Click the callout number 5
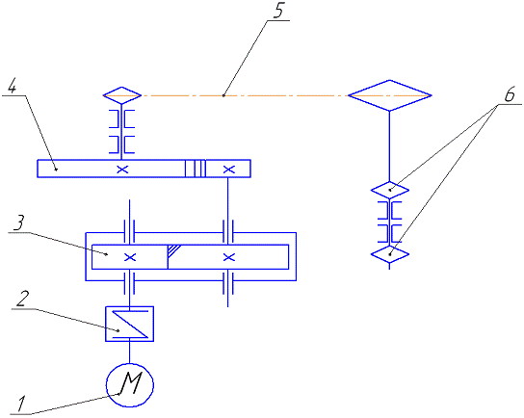[x=278, y=11]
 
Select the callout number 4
[x=12, y=87]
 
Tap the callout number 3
[x=19, y=222]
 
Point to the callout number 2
[x=23, y=299]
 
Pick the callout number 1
[x=21, y=404]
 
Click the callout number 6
[x=510, y=94]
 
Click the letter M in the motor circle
[x=131, y=383]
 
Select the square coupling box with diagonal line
[x=130, y=324]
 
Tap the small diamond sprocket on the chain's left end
[x=121, y=95]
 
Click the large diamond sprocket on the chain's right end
[x=390, y=95]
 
